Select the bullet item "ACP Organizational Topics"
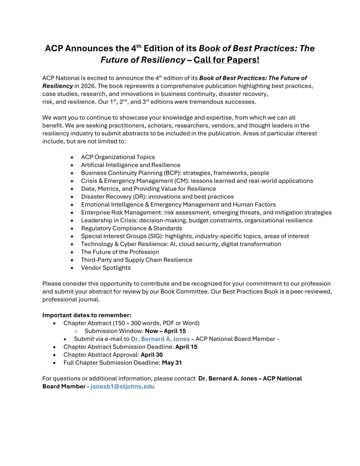[118, 157]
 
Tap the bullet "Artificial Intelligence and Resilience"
[131, 165]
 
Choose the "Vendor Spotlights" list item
[106, 268]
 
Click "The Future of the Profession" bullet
[120, 252]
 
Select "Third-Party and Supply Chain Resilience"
[137, 259]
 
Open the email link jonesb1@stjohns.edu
[122, 386]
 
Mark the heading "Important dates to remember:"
[87, 315]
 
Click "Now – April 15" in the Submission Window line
[166, 331]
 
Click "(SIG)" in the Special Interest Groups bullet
[151, 236]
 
